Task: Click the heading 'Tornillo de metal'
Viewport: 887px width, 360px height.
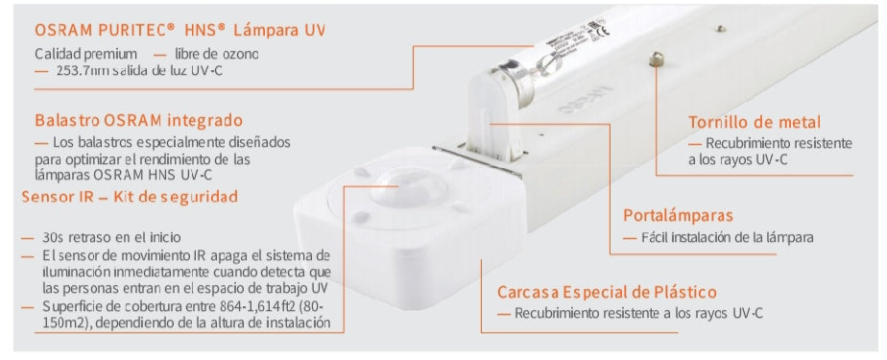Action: [x=755, y=122]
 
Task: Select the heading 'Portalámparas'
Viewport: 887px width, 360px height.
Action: [x=678, y=215]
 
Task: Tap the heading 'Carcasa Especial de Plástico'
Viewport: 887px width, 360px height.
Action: [x=607, y=292]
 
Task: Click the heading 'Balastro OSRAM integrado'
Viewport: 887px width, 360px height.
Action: [x=138, y=121]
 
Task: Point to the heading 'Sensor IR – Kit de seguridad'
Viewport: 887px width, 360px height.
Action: [x=130, y=197]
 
